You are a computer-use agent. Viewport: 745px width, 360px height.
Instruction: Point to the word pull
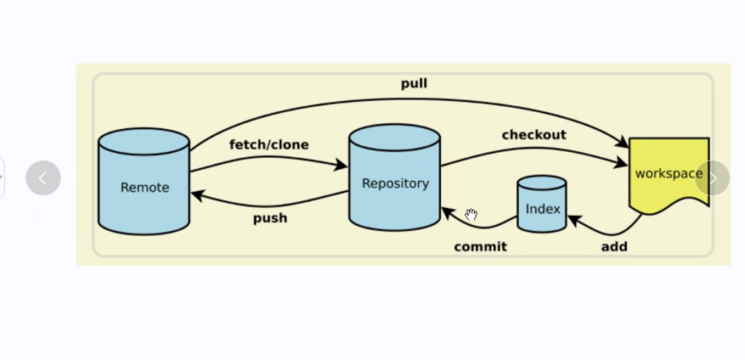(x=414, y=84)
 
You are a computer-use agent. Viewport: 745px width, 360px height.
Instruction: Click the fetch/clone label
(x=268, y=145)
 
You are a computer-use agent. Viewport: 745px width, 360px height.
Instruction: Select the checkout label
(x=533, y=135)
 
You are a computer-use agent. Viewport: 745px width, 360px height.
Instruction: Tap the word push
(x=270, y=217)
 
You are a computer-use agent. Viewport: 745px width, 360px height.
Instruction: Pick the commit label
(x=480, y=247)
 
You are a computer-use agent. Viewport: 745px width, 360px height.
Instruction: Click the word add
(x=614, y=247)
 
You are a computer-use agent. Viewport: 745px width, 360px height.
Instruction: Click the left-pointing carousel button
(x=43, y=178)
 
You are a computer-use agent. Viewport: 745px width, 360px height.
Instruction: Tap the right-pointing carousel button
(x=712, y=178)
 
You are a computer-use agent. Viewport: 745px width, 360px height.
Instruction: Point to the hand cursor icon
(x=471, y=215)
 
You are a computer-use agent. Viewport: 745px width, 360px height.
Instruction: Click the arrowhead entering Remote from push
(x=196, y=194)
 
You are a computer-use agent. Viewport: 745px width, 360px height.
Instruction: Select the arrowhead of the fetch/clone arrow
(x=341, y=166)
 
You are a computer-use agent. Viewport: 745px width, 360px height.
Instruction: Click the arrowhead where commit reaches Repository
(x=447, y=212)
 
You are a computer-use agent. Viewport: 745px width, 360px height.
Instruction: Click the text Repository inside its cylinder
(x=395, y=183)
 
